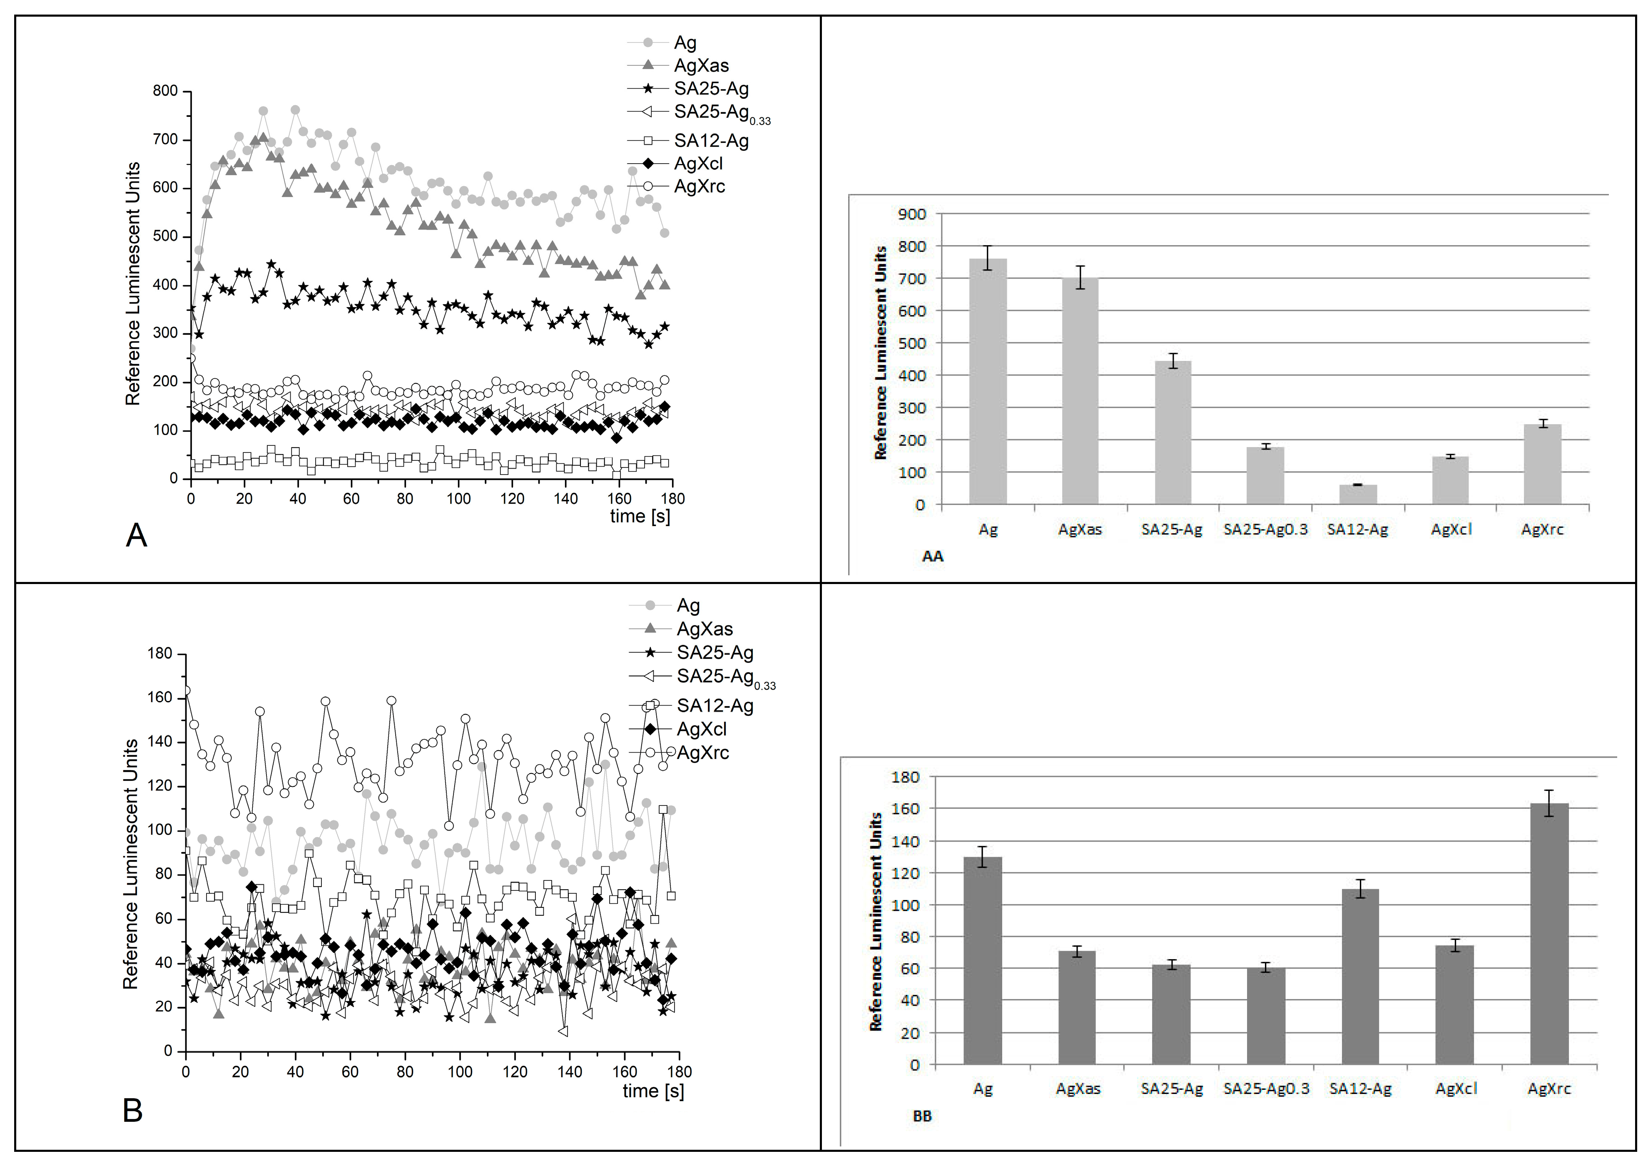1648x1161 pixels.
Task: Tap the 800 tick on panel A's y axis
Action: (165, 91)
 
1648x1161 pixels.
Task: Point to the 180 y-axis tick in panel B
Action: (159, 654)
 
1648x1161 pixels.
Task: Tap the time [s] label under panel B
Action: (653, 1091)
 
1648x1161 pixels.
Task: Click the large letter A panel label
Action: (137, 535)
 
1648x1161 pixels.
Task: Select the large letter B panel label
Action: (133, 1111)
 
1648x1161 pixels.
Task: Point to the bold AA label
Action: (932, 556)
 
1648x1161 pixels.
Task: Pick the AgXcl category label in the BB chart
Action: (1456, 1089)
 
